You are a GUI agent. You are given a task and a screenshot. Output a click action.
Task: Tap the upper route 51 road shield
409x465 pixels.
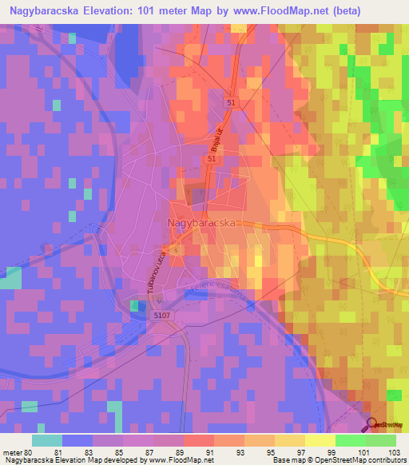231,103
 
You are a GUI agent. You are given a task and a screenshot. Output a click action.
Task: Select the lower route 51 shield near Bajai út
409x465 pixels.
212,160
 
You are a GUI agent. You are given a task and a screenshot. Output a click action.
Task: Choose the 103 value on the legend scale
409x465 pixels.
393,451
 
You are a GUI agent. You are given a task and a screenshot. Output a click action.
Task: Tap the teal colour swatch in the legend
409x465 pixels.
47,440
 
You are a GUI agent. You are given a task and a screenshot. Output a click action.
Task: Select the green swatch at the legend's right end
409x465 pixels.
380,440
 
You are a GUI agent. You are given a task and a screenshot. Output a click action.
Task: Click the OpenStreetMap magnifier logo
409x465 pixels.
373,425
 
